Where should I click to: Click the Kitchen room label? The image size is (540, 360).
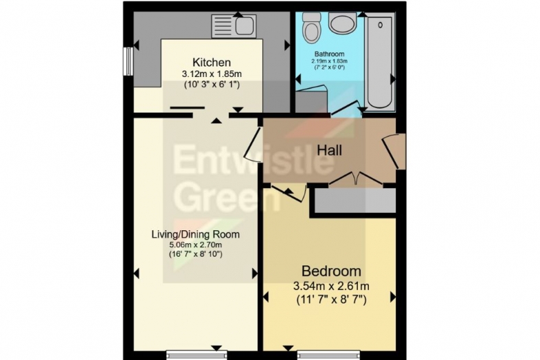[212, 63]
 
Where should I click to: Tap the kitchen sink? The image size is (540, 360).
[234, 26]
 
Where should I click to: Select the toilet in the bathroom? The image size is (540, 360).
[311, 28]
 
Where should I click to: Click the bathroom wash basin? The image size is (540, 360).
[342, 23]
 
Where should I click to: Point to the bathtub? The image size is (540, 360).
[380, 62]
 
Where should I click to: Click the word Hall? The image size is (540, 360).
[329, 150]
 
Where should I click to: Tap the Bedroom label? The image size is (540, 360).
[331, 271]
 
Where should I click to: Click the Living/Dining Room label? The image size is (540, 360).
[196, 234]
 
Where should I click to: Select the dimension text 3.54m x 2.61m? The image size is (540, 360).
[331, 286]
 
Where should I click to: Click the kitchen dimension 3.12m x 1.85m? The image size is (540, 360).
[212, 74]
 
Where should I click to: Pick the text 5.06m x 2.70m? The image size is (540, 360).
[195, 245]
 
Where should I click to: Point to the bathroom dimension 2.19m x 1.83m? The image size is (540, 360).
[330, 61]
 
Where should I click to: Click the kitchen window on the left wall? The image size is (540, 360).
[128, 61]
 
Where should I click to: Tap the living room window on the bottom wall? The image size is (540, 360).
[196, 355]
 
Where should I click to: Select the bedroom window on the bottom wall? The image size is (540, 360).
[328, 355]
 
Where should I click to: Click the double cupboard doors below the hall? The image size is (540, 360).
[355, 178]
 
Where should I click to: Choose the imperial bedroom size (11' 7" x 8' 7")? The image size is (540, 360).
[331, 300]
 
